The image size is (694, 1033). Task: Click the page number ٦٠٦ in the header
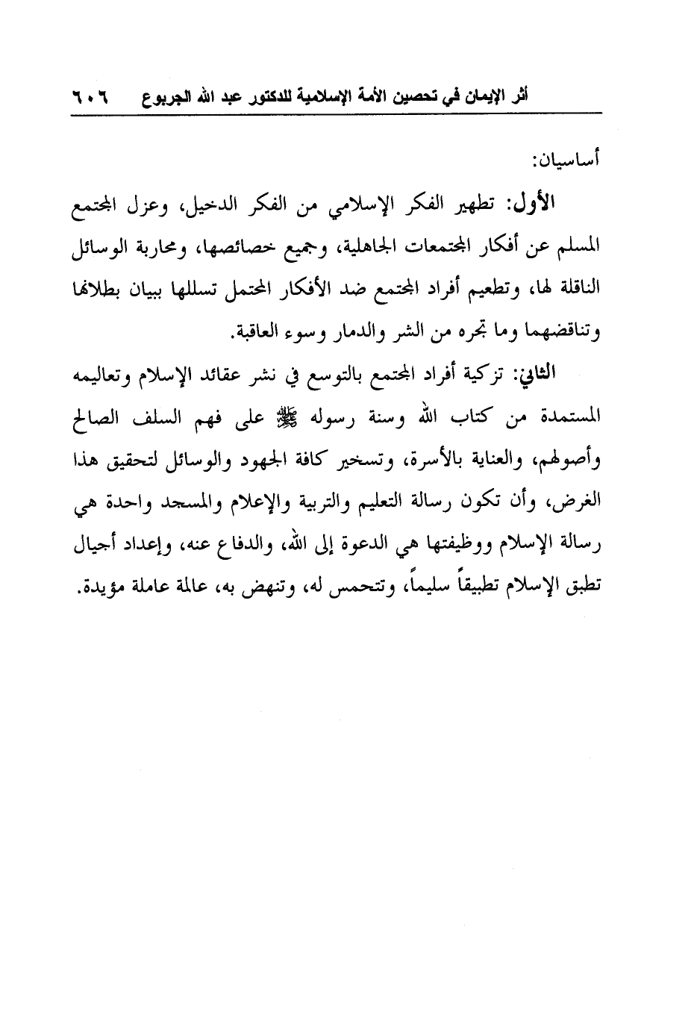point(89,97)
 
